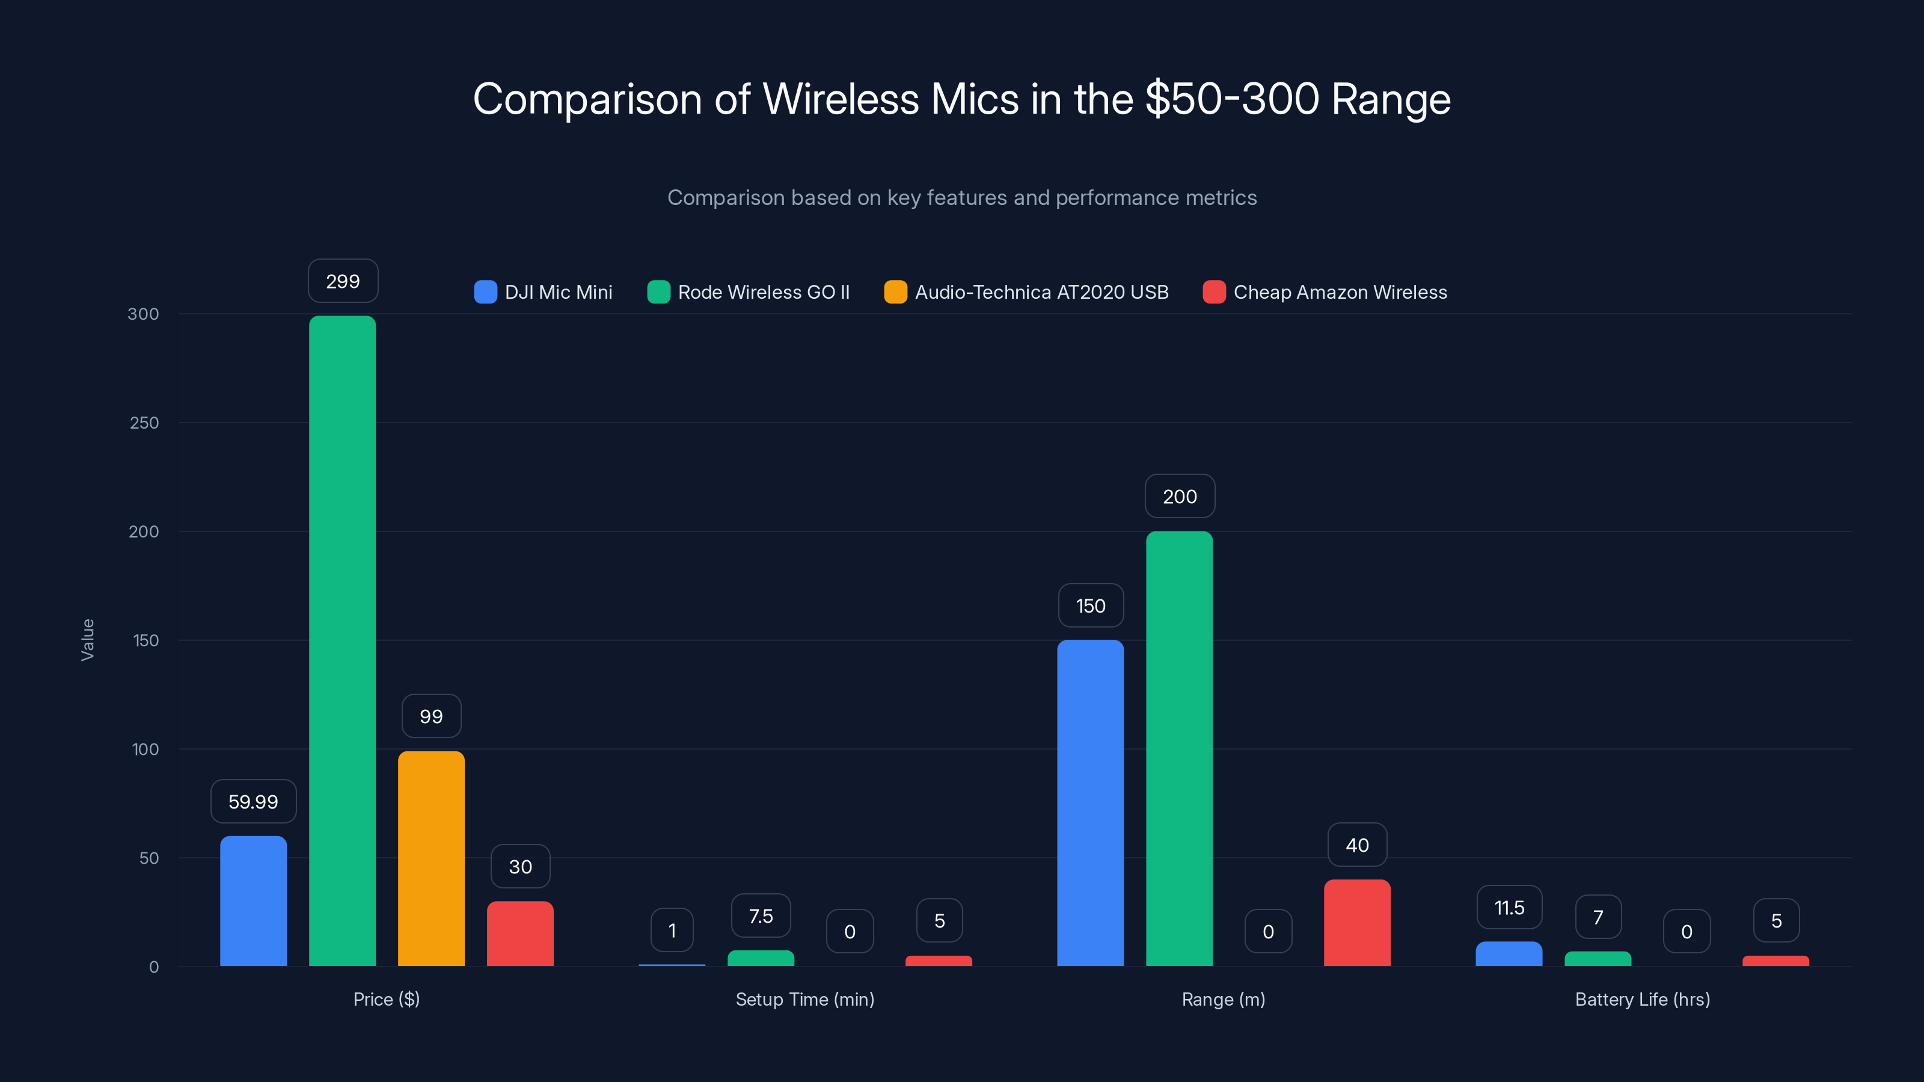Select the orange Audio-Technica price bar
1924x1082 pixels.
click(x=431, y=859)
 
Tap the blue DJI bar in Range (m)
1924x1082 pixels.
click(x=1089, y=802)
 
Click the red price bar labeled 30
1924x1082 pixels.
click(x=520, y=934)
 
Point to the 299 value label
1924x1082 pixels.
click(x=343, y=281)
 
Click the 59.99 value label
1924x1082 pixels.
click(x=253, y=801)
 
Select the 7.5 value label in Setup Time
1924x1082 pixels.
click(x=761, y=915)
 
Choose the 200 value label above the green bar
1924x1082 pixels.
click(x=1179, y=497)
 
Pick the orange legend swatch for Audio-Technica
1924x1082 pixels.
click(x=895, y=292)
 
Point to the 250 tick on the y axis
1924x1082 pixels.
click(x=144, y=423)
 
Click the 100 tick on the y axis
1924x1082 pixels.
click(x=145, y=749)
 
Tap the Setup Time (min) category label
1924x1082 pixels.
click(x=804, y=999)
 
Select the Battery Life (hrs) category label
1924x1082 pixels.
click(x=1641, y=999)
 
